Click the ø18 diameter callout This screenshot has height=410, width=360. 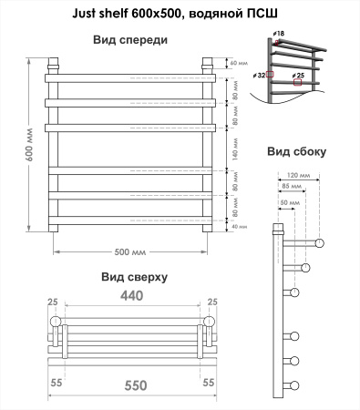pyautogui.click(x=278, y=34)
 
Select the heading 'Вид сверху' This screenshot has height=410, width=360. pyautogui.click(x=134, y=276)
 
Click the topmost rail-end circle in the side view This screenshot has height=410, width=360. pyautogui.click(x=320, y=241)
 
